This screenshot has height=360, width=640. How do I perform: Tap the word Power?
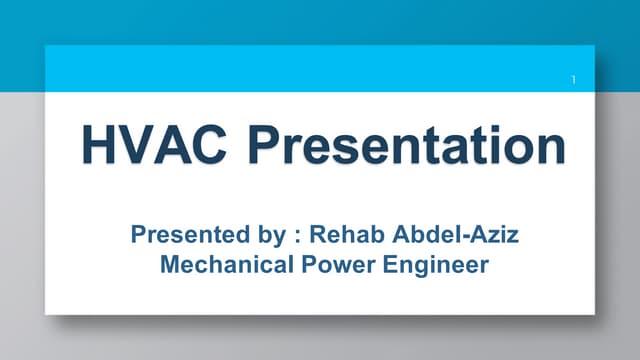324,267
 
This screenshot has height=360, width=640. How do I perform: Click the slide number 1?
574,78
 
